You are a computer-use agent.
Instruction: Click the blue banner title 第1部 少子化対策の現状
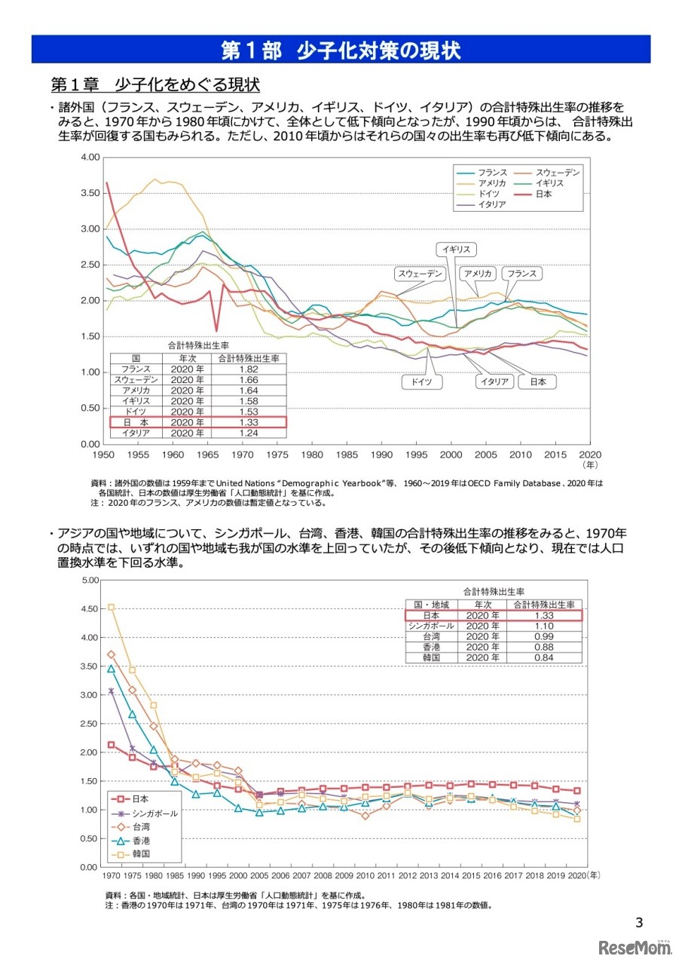pyautogui.click(x=341, y=51)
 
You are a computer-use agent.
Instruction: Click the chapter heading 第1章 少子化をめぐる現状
pyautogui.click(x=154, y=82)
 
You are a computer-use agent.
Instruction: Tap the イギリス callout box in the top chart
pyautogui.click(x=456, y=250)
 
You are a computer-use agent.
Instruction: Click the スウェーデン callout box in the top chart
pyautogui.click(x=420, y=274)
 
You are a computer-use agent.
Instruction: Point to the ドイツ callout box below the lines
pyautogui.click(x=421, y=381)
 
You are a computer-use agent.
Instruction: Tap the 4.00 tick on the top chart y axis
pyautogui.click(x=89, y=158)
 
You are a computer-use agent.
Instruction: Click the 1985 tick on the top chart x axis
pyautogui.click(x=347, y=455)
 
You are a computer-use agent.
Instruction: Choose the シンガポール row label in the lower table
pyautogui.click(x=430, y=626)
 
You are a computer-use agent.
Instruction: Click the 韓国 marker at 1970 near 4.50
pyautogui.click(x=111, y=607)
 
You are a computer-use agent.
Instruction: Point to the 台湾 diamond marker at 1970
pyautogui.click(x=111, y=654)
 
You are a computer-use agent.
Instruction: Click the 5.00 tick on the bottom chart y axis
pyautogui.click(x=89, y=580)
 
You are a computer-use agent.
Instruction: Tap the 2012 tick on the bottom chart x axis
pyautogui.click(x=407, y=876)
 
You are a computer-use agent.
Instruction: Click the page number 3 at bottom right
pyautogui.click(x=639, y=921)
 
